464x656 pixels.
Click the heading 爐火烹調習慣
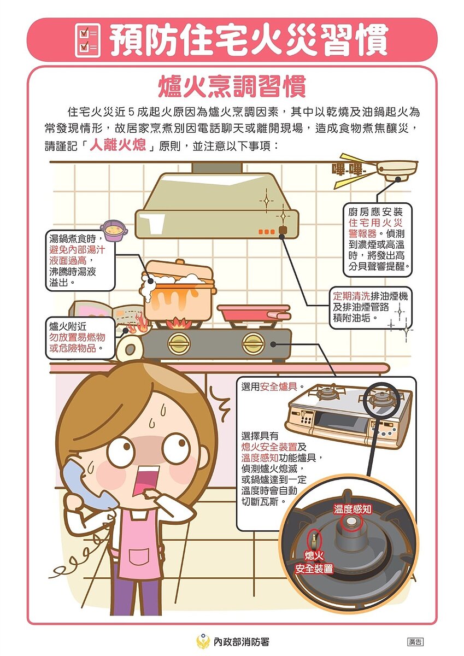click(232, 87)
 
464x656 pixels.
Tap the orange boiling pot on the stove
click(178, 292)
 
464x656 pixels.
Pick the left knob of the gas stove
click(178, 343)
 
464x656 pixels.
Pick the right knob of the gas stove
click(253, 343)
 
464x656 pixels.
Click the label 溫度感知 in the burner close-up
click(353, 509)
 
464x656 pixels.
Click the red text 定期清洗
click(351, 296)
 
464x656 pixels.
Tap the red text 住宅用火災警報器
click(376, 229)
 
